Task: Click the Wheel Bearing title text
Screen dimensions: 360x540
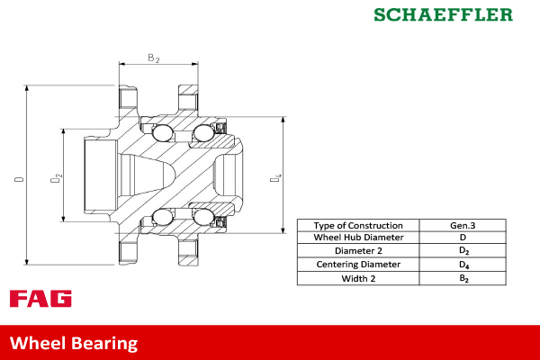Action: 74,343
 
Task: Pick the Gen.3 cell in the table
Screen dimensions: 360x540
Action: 463,225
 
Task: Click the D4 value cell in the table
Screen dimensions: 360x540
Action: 463,265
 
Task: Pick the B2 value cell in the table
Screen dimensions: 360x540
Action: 463,279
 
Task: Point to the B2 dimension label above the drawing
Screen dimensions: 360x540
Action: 154,58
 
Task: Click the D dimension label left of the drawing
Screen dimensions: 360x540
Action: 19,179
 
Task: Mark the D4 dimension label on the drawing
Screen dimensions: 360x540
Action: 275,180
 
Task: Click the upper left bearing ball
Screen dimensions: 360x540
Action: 163,134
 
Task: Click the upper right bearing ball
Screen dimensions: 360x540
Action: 203,135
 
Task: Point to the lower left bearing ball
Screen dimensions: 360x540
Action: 163,217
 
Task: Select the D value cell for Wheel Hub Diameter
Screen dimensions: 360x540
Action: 463,238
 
